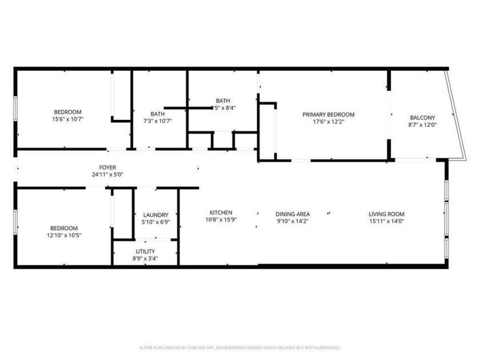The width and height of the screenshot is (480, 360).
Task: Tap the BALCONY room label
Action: pyautogui.click(x=422, y=118)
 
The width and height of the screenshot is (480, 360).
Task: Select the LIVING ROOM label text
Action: pyautogui.click(x=386, y=214)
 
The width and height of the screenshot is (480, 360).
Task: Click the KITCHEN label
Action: pyautogui.click(x=220, y=213)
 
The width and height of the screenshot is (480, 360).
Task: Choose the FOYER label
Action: pyautogui.click(x=107, y=167)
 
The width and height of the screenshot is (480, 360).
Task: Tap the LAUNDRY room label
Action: pyautogui.click(x=155, y=215)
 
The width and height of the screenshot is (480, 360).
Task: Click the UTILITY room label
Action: pyautogui.click(x=145, y=251)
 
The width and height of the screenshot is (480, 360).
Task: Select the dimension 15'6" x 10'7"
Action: pyautogui.click(x=67, y=119)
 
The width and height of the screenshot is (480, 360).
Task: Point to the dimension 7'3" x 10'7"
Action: pyautogui.click(x=158, y=121)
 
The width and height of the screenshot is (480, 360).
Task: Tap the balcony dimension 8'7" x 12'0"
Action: pyautogui.click(x=422, y=125)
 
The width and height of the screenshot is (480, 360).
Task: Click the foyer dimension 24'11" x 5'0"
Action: pyautogui.click(x=107, y=174)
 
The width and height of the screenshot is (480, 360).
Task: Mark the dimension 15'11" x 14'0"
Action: pyautogui.click(x=386, y=221)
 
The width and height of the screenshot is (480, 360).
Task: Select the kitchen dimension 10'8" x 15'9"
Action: pyautogui.click(x=220, y=219)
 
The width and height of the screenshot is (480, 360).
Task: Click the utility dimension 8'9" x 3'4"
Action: pyautogui.click(x=145, y=258)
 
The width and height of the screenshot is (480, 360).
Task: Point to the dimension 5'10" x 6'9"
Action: pyautogui.click(x=155, y=222)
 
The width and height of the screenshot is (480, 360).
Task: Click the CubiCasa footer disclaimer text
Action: pyautogui.click(x=240, y=347)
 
